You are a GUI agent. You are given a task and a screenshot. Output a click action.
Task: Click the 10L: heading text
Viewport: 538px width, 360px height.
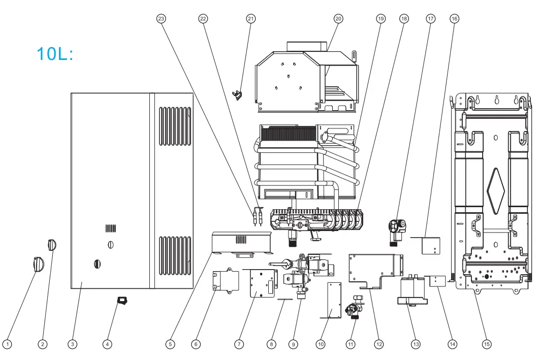pos(55,53)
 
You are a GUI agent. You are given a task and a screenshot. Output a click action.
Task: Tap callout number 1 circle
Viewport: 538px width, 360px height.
pos(7,344)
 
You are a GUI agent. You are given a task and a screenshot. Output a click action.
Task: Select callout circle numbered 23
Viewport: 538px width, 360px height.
pos(161,19)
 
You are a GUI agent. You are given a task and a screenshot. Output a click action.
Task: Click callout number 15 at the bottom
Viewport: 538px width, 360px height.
pos(487,344)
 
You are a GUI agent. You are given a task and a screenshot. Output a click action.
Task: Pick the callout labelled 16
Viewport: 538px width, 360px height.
pos(454,19)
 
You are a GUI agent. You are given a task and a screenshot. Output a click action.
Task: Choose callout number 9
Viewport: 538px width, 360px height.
pos(293,344)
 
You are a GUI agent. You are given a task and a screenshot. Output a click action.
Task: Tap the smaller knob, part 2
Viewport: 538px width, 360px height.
pos(51,245)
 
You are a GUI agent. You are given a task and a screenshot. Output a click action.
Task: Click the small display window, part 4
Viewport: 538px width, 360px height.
pos(122,301)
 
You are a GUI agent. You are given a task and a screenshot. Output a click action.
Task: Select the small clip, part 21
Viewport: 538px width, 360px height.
pos(238,94)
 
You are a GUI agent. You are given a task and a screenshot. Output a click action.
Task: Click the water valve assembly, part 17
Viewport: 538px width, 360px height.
pos(396,230)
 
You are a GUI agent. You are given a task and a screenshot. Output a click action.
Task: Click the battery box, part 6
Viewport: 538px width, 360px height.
pos(227,281)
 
